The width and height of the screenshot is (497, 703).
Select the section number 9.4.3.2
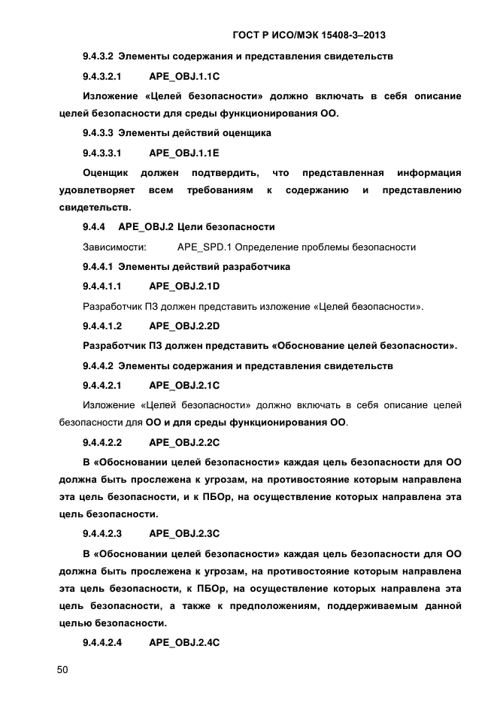point(97,56)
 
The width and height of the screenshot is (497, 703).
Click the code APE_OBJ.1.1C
point(184,77)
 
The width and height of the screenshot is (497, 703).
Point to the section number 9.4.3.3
point(97,133)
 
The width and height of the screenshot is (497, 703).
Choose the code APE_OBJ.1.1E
point(184,153)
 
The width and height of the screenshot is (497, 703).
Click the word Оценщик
point(105,173)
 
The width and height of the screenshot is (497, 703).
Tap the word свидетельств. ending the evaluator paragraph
point(95,208)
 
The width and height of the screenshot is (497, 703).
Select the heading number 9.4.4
point(94,227)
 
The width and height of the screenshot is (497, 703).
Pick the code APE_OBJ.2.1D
point(184,286)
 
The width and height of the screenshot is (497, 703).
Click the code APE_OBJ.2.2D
point(184,326)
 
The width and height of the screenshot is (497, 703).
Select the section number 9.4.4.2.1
point(102,386)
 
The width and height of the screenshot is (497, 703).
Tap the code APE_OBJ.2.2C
point(184,443)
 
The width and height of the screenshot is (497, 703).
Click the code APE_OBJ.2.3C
point(184,534)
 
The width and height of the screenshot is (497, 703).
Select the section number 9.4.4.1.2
point(102,326)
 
